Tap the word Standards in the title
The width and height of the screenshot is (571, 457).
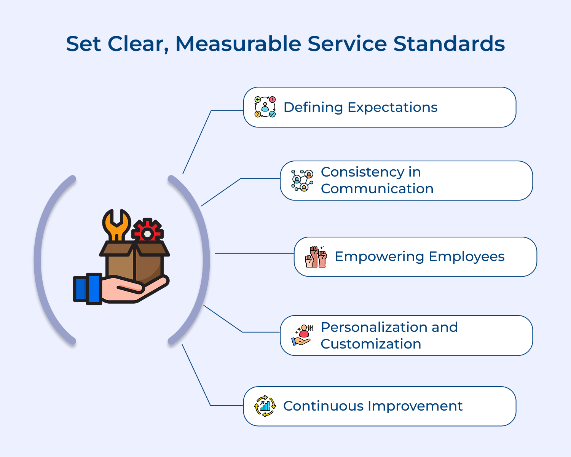tap(449, 44)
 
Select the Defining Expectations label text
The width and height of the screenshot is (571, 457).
tap(360, 107)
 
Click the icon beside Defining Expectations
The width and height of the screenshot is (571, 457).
tap(265, 107)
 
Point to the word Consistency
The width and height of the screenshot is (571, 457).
tap(363, 172)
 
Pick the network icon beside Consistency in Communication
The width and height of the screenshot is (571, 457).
tap(302, 180)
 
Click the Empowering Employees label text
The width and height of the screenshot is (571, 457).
tap(419, 256)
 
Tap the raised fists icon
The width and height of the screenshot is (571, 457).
tap(316, 257)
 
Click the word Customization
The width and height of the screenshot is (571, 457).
tap(371, 344)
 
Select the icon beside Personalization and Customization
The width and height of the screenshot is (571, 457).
tap(303, 335)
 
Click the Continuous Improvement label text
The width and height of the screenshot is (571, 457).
tap(373, 406)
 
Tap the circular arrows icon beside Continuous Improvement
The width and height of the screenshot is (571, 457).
tap(265, 406)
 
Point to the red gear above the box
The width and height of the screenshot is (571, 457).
tap(147, 231)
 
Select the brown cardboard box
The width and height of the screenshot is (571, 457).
tap(135, 263)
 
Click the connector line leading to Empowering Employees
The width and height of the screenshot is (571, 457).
tap(254, 253)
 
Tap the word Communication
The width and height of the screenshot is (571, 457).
tap(377, 189)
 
